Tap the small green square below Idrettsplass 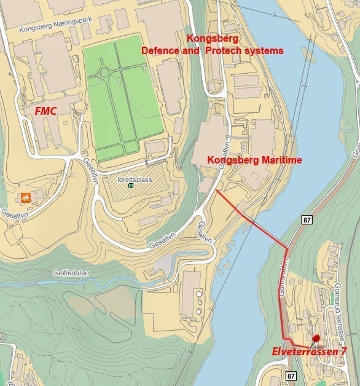[x=130, y=185]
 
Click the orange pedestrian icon [x=25, y=198]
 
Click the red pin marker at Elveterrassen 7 [x=316, y=338]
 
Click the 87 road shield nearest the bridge [x=307, y=219]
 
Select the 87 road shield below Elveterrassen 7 [x=291, y=376]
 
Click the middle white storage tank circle [x=198, y=304]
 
